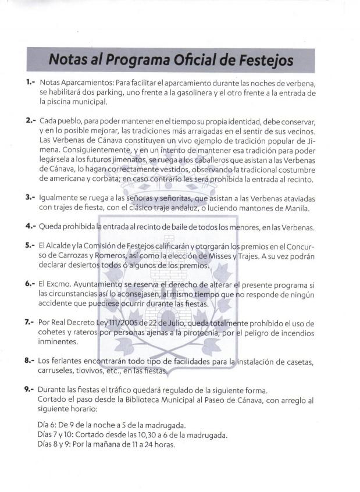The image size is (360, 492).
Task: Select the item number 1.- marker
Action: (31, 84)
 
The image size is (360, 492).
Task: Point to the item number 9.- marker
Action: (31, 388)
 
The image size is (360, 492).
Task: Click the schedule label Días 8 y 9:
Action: (56, 445)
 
